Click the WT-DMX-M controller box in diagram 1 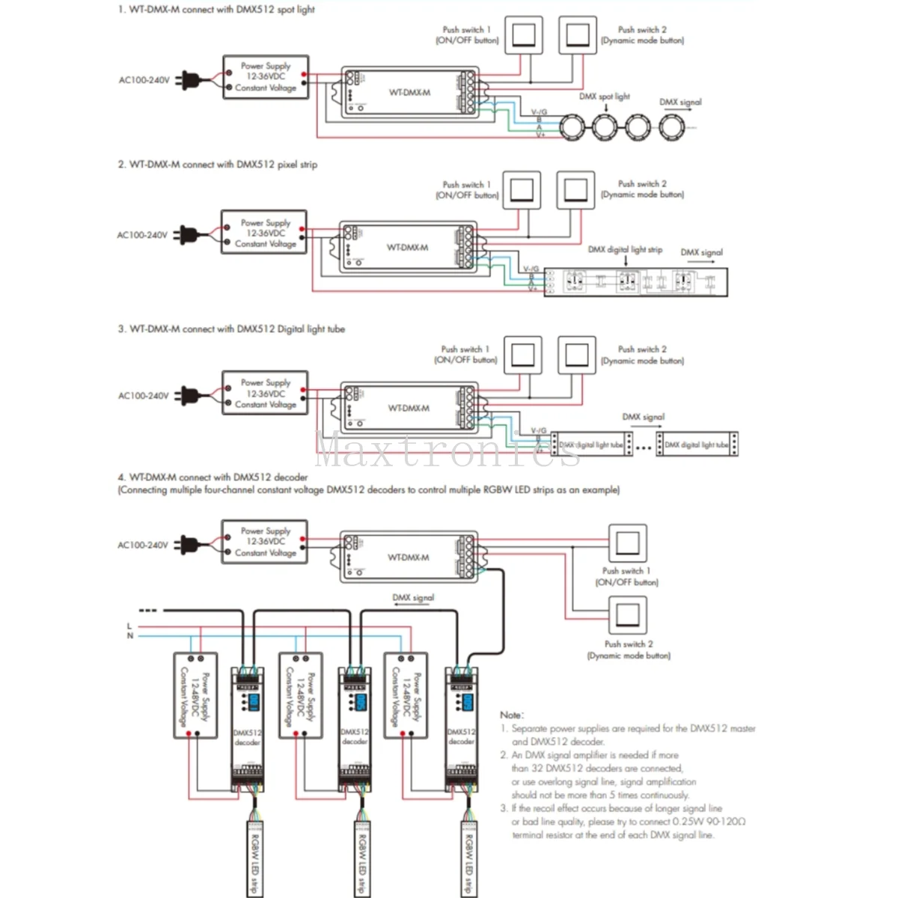(409, 92)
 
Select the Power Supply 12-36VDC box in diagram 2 (264, 233)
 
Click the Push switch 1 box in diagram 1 (523, 35)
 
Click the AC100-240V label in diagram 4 (143, 545)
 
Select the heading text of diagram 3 (231, 329)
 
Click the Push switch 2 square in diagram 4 (627, 614)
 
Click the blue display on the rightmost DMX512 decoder (468, 702)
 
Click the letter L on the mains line (129, 626)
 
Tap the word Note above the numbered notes (512, 715)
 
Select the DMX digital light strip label (625, 249)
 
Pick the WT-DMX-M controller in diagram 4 (409, 557)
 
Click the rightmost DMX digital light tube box (697, 444)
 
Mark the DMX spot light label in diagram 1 (604, 97)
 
